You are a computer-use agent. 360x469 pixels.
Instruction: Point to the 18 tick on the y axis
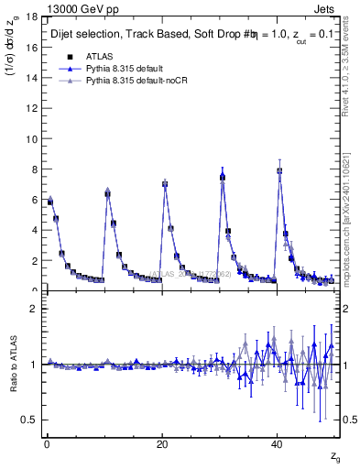click(32, 17)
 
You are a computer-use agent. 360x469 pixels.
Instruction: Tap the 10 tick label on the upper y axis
click(32, 139)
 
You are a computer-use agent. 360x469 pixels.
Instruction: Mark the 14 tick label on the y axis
click(32, 78)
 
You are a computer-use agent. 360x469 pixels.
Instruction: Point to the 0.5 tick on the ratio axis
click(30, 420)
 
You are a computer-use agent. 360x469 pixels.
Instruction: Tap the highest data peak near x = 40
click(279, 170)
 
